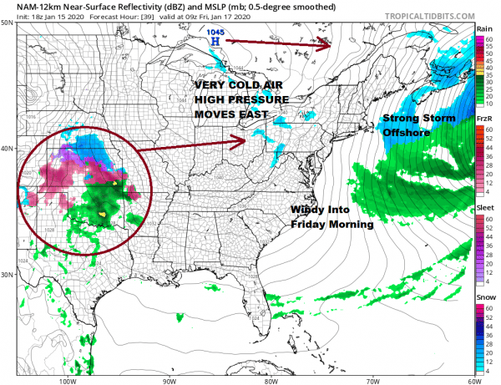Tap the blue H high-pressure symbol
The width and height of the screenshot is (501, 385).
(216, 40)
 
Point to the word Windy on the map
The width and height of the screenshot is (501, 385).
(307, 210)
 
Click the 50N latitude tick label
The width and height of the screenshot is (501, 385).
(7, 23)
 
